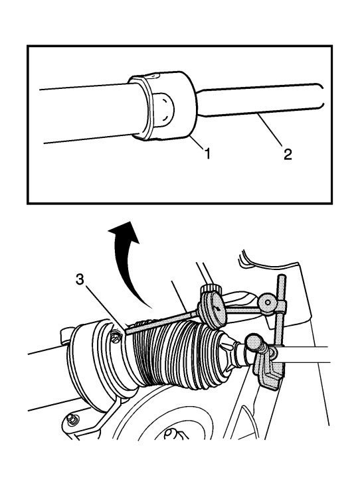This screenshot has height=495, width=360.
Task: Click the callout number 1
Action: click(207, 155)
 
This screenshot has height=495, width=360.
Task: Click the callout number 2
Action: click(288, 155)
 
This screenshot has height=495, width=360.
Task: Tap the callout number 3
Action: click(80, 279)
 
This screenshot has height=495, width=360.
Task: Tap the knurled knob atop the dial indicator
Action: click(209, 288)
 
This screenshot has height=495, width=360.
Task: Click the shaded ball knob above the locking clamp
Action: click(254, 342)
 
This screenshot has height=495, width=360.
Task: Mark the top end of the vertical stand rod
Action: click(282, 277)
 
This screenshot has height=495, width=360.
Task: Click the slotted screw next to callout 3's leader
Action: click(116, 337)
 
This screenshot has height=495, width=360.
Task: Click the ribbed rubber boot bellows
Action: click(177, 354)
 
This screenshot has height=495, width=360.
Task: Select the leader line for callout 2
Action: click(270, 130)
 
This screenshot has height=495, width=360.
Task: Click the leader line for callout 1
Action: click(198, 143)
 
